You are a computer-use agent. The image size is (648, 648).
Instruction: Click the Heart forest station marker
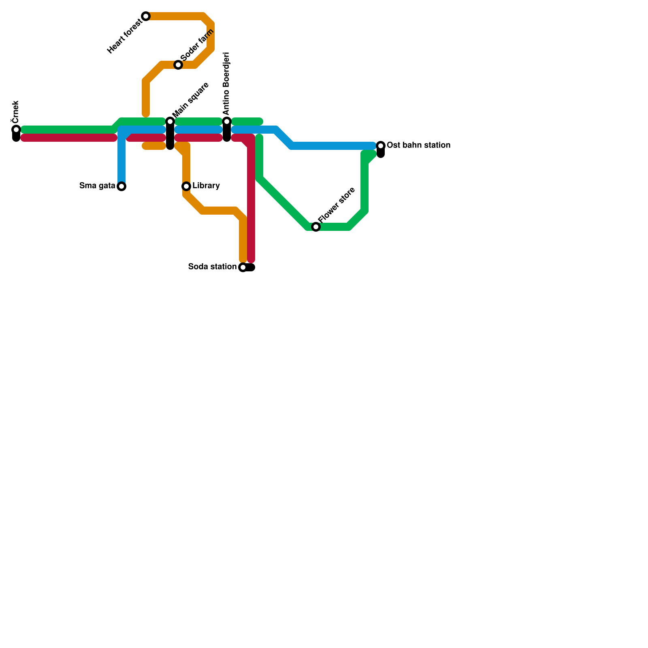146,16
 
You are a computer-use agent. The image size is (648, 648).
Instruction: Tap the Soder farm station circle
178,65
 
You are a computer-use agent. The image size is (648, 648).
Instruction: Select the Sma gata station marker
122,186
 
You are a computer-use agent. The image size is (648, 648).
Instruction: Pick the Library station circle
186,186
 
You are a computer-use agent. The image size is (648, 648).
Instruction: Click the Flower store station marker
316,227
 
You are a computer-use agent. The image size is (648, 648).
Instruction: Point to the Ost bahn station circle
381,146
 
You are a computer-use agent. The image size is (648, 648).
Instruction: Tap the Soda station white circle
243,267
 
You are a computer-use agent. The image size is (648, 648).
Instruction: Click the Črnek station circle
16,130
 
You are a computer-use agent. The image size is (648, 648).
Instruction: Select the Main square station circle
170,122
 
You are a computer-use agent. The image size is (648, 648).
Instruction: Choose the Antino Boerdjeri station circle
227,122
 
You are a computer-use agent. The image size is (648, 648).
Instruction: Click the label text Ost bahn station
418,145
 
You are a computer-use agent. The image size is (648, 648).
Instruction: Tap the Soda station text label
212,267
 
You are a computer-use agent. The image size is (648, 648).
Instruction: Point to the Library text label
206,186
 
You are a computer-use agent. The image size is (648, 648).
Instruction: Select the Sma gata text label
97,186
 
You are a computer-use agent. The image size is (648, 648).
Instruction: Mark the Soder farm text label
197,45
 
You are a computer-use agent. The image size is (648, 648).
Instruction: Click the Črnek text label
15,111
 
